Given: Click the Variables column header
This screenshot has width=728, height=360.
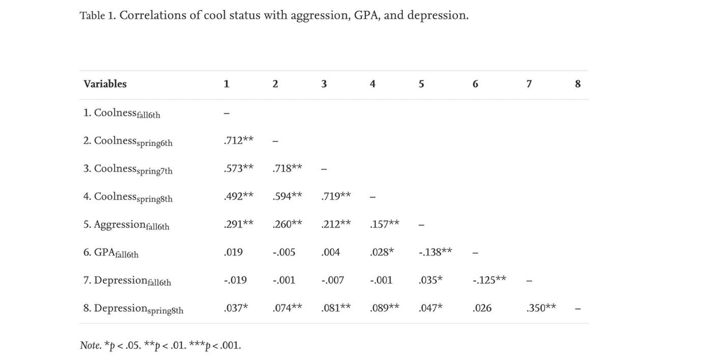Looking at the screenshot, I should click(105, 84).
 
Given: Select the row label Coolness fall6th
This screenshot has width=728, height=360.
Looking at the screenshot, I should click(122, 113).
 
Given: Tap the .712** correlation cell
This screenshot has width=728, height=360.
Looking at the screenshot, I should click(238, 141).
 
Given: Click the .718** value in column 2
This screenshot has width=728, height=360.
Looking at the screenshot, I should click(287, 168).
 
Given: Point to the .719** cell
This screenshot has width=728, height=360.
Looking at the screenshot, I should click(336, 196).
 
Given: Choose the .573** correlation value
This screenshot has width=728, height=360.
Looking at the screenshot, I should click(238, 168).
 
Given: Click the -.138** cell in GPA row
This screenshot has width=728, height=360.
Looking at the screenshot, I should click(435, 252).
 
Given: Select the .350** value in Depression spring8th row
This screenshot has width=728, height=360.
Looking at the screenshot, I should click(541, 308).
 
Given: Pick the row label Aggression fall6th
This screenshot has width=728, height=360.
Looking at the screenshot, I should click(126, 225).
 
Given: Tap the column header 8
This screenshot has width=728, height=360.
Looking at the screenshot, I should click(578, 84).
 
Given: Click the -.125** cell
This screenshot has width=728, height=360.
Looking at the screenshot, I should click(489, 280).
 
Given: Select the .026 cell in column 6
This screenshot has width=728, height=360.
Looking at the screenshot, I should click(482, 308).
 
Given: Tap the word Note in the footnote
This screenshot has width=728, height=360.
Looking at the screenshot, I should click(90, 345).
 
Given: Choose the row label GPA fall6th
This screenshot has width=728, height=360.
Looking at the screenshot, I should click(111, 253).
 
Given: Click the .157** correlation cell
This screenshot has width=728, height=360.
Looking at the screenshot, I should click(384, 224).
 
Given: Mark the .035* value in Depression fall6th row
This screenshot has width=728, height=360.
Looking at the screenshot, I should click(430, 280).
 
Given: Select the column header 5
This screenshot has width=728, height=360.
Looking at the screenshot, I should click(421, 84).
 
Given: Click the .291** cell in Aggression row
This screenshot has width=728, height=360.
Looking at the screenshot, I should click(238, 224).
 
